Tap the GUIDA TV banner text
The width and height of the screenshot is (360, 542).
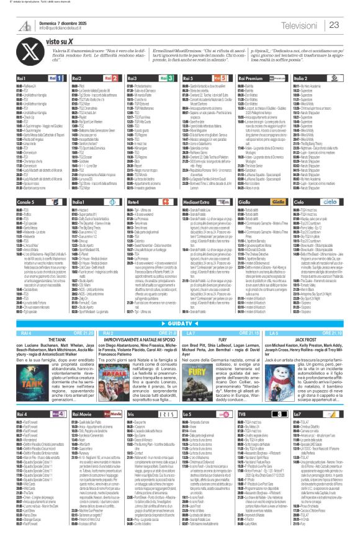[180, 325]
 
